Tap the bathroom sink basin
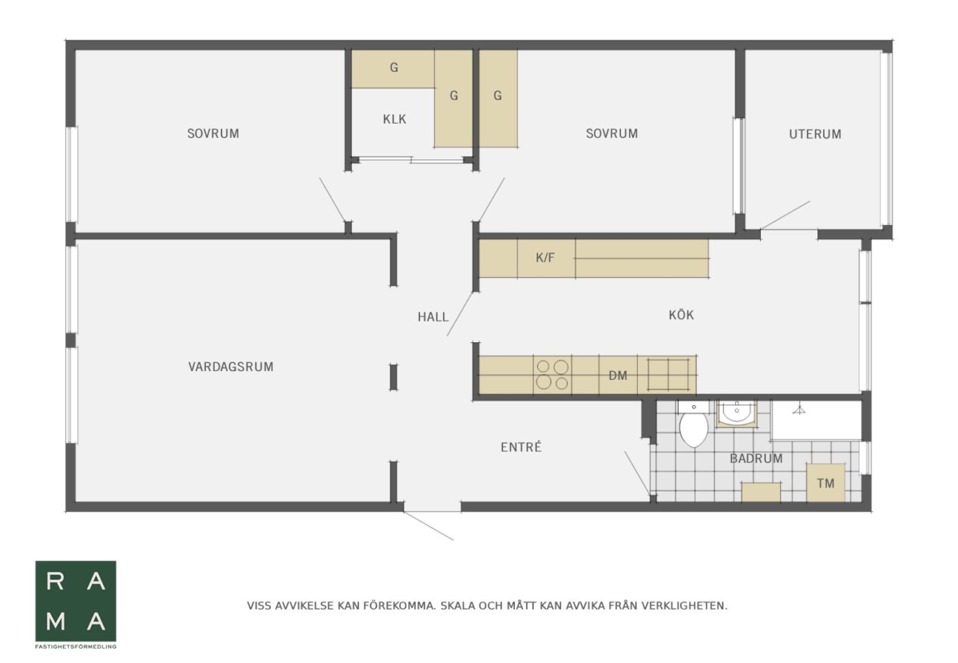(736, 413)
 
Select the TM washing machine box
(825, 483)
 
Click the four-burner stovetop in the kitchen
(552, 374)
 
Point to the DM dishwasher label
(618, 376)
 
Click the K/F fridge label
(545, 258)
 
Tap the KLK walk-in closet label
(394, 119)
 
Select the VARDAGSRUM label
(231, 367)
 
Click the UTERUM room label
(815, 134)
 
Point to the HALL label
(433, 317)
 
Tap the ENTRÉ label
(521, 447)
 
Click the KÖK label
(681, 314)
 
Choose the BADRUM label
(756, 459)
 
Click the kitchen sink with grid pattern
(667, 374)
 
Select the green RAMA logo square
(76, 601)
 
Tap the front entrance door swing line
(428, 526)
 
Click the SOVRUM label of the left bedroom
(213, 134)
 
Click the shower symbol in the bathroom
(798, 410)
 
